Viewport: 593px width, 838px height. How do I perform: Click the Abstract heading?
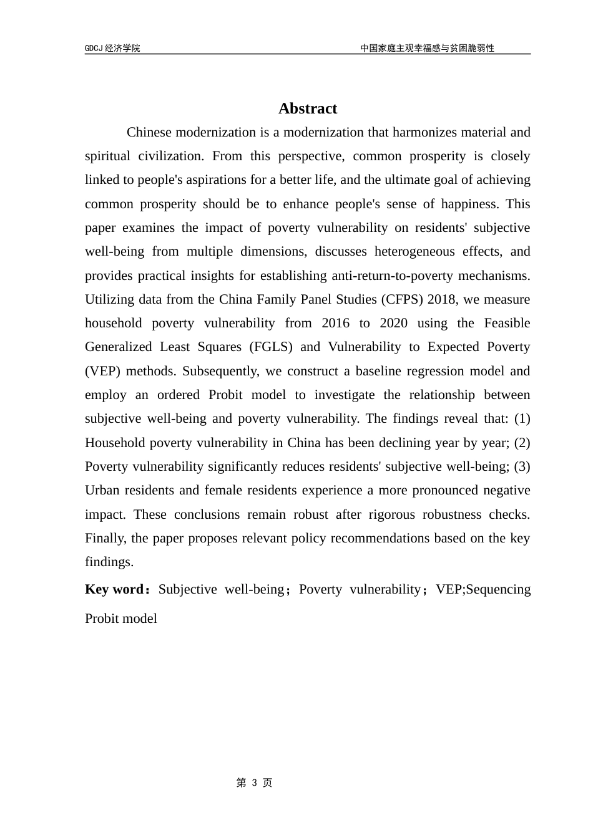[x=307, y=108]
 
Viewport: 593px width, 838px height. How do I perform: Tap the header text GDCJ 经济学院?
[x=112, y=48]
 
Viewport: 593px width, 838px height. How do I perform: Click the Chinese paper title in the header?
[x=427, y=48]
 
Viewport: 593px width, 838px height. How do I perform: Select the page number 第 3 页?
[x=254, y=783]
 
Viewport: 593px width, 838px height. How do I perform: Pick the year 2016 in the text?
[x=336, y=323]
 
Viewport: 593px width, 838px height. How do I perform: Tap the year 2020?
[x=393, y=323]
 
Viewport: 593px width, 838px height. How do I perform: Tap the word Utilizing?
[x=109, y=299]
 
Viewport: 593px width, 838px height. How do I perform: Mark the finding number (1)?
[x=521, y=418]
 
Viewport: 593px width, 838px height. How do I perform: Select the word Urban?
[x=102, y=490]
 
